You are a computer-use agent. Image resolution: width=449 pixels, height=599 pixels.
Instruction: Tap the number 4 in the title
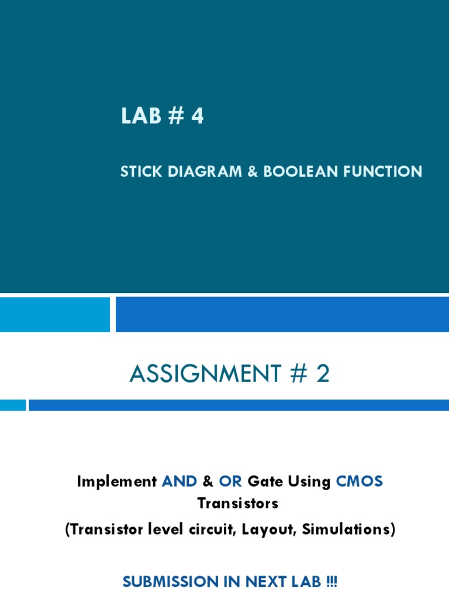point(197,116)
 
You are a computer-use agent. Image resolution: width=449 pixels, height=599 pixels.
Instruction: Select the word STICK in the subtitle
point(140,171)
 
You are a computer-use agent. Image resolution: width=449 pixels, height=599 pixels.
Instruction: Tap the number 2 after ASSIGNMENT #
point(323,374)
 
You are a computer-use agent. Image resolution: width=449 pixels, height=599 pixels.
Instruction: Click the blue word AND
point(180,481)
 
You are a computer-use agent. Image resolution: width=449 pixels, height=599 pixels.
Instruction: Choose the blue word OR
point(230,481)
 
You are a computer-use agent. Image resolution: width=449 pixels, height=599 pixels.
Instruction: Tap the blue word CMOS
point(359,481)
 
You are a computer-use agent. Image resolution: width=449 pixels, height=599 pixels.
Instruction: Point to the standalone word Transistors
point(237,503)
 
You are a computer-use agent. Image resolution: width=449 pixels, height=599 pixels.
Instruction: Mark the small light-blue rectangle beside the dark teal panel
point(54,314)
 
